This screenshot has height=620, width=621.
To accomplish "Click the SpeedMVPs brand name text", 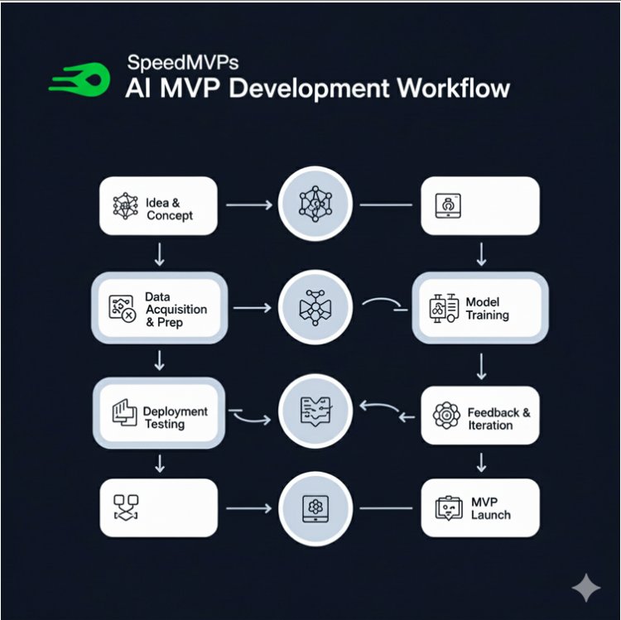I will (x=173, y=63).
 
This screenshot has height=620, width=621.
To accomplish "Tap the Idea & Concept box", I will (x=158, y=209).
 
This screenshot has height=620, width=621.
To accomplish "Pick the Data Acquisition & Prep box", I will (x=158, y=309).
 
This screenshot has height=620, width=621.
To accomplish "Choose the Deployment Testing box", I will (x=158, y=411).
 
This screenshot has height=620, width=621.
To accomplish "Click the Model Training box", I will (x=480, y=309).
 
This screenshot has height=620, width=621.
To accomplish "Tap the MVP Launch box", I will (x=480, y=507).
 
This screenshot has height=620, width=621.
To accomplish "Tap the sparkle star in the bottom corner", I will (x=586, y=589).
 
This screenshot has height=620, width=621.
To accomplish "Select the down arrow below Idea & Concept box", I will (x=159, y=253).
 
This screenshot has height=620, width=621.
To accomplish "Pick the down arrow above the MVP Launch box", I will (x=480, y=461).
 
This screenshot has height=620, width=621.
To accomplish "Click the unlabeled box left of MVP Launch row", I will (x=158, y=507).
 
